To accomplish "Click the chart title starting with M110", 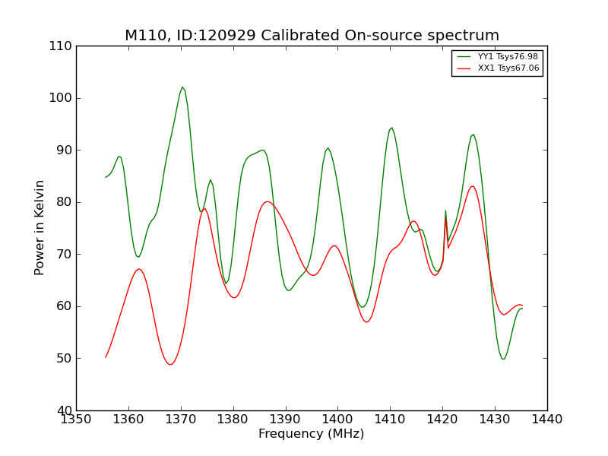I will pos(312,36).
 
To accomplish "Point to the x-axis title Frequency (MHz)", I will pos(312,434).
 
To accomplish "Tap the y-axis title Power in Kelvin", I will pos(40,227).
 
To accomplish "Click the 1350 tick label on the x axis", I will pos(77,419).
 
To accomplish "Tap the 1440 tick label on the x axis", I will pos(547,419).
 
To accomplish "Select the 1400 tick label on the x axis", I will pos(337,419).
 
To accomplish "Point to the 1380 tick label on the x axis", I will pos(233,419).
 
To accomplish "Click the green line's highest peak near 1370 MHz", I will pos(182,87).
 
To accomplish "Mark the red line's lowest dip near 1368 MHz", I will pos(170,364).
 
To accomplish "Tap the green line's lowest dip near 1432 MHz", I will pos(503,359).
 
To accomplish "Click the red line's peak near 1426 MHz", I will pos(472,186).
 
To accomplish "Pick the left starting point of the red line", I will pos(106,357).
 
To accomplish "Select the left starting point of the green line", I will pos(106,177).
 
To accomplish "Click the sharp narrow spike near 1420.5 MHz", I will pos(445,211).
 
